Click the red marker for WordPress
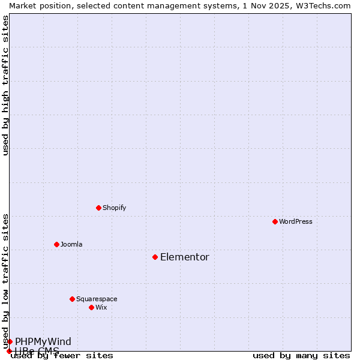(x=275, y=221)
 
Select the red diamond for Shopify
(x=98, y=208)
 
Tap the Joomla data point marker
(x=56, y=244)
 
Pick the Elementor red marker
(x=155, y=257)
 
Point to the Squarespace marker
(x=72, y=299)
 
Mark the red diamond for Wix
(x=91, y=307)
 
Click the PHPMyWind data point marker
(x=10, y=341)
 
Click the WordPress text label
(x=296, y=221)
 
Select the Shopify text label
(x=114, y=208)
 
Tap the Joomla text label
(x=71, y=244)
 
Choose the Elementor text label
(x=185, y=257)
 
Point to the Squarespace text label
(x=97, y=299)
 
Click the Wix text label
(x=101, y=307)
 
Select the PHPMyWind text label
(x=43, y=341)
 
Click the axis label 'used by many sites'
(x=301, y=355)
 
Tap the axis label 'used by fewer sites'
(x=62, y=355)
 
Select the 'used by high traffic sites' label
(x=5, y=85)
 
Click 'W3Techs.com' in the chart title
(x=326, y=5)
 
